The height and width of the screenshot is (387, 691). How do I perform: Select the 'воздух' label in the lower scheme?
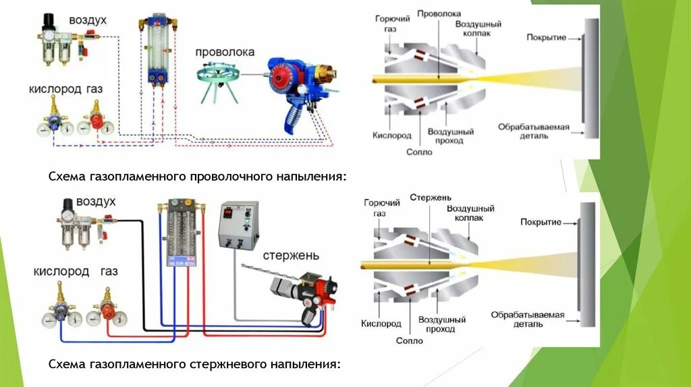[x=96, y=202]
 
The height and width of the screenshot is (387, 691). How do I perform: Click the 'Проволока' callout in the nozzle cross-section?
[x=439, y=13]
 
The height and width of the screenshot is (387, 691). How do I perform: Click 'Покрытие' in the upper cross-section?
[x=546, y=37]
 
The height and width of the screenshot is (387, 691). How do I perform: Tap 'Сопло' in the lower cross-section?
[x=410, y=340]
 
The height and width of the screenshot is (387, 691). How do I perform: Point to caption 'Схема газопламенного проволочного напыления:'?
[x=197, y=176]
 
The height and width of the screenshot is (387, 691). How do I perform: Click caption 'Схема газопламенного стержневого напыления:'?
[x=194, y=364]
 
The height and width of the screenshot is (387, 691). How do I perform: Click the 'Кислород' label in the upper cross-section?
[x=392, y=135]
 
